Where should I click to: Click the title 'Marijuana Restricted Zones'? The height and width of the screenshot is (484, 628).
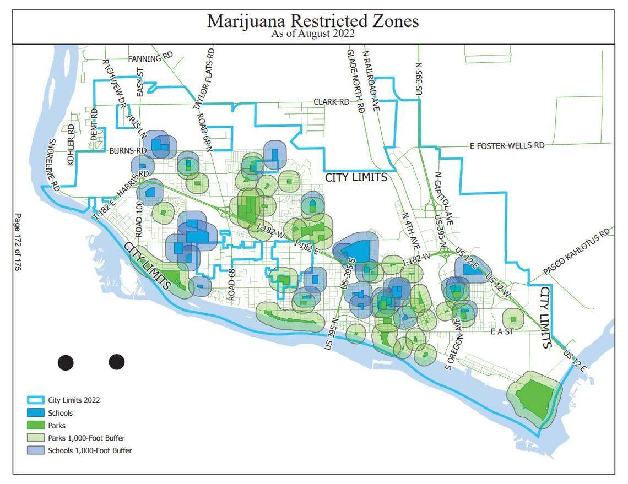pos(313,21)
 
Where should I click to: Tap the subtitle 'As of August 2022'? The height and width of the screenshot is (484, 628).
pos(313,34)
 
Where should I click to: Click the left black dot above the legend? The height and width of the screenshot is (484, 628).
pos(66,362)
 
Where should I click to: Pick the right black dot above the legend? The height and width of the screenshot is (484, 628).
pos(116,362)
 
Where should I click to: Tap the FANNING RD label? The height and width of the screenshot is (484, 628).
pos(150,58)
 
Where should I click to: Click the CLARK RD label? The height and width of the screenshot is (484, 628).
pos(332,102)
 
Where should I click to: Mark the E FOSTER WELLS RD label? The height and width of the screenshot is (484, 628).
pos(507,145)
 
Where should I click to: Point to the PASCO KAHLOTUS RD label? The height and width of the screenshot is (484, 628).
pos(577,251)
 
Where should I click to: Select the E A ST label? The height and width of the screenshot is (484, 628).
pos(501,331)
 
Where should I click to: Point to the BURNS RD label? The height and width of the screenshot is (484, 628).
pos(127,150)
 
